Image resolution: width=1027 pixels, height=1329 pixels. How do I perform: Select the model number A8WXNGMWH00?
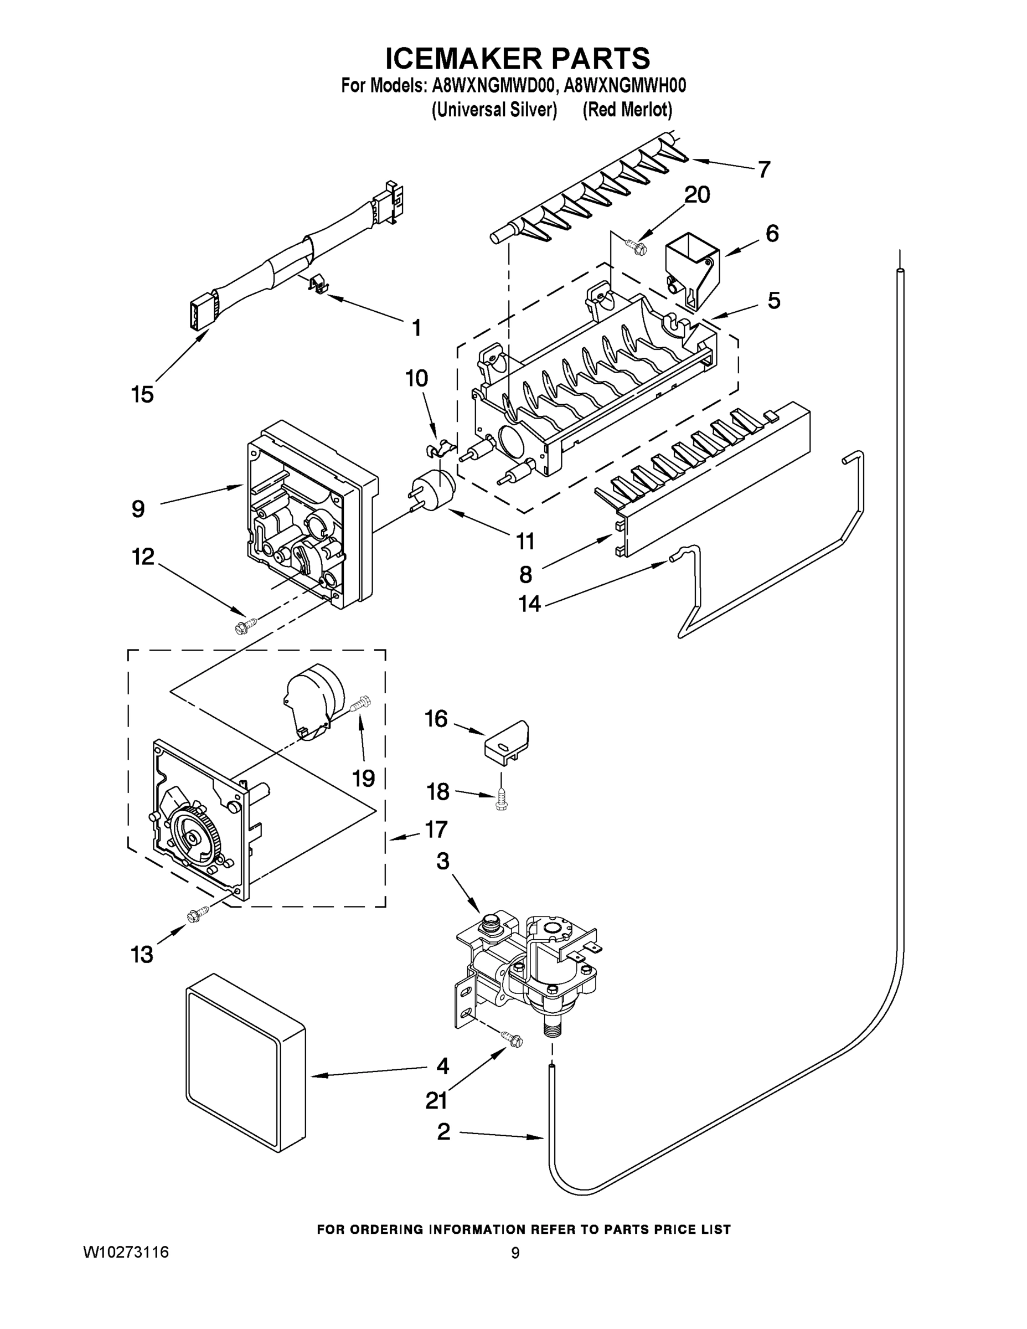point(625,86)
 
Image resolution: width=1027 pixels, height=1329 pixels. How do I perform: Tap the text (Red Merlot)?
point(627,110)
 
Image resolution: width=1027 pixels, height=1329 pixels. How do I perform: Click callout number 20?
point(697,195)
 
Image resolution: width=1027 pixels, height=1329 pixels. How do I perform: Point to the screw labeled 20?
point(635,246)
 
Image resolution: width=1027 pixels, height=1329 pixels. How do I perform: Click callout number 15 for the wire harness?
point(142,395)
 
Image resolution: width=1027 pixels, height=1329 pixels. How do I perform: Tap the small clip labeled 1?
point(318,284)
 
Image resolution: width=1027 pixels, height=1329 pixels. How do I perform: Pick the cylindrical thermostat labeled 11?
point(432,487)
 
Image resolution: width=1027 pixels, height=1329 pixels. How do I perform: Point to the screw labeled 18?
point(502,801)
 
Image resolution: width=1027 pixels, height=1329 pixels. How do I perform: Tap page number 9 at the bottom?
point(515,1253)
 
